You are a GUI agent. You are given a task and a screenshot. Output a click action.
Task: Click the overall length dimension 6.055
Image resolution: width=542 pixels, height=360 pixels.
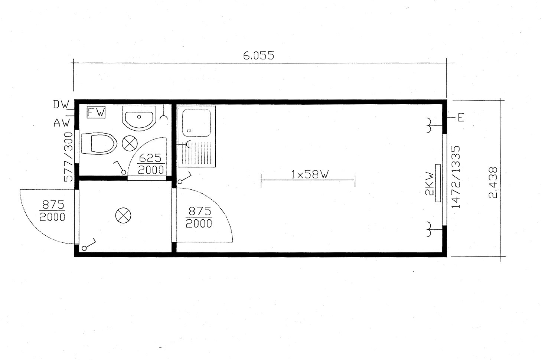(x=258, y=56)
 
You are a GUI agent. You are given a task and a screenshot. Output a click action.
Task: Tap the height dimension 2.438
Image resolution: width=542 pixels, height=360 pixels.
(x=493, y=183)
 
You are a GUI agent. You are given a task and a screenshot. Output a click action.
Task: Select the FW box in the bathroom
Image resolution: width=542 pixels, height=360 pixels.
(x=96, y=112)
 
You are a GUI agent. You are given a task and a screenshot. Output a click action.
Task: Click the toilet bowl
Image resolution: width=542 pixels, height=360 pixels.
(x=99, y=144)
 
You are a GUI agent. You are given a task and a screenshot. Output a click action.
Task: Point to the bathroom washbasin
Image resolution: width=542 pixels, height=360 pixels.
(x=138, y=118)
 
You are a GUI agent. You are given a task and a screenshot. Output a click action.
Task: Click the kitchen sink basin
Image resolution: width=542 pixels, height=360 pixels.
(x=196, y=123)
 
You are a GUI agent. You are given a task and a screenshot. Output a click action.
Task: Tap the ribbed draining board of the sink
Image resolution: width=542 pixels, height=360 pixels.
(x=201, y=153)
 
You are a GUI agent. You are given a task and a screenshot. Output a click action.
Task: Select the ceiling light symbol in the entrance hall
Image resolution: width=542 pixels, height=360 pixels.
(x=123, y=216)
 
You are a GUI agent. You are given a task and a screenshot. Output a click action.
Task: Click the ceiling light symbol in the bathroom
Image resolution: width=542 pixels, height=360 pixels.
(x=130, y=143)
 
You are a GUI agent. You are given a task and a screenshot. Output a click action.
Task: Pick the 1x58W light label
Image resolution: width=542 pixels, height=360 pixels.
(x=310, y=174)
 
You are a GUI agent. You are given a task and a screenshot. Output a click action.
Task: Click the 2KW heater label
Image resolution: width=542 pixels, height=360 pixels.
(x=430, y=183)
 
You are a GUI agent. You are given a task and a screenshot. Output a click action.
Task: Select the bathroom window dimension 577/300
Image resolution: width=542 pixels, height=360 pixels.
(x=68, y=157)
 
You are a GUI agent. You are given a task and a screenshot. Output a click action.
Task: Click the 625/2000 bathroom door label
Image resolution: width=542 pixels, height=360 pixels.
(x=151, y=164)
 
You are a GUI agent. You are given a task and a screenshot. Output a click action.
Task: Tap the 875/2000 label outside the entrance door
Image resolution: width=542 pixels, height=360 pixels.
(x=52, y=211)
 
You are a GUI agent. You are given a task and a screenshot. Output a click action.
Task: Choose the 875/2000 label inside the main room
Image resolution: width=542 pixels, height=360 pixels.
(x=199, y=217)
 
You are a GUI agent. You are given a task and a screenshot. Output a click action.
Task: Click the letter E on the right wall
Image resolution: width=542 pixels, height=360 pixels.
(x=461, y=118)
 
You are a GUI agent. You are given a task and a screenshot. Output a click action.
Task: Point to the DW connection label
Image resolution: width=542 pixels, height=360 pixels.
(x=61, y=105)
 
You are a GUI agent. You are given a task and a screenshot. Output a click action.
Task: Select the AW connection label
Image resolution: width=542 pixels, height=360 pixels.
(x=62, y=123)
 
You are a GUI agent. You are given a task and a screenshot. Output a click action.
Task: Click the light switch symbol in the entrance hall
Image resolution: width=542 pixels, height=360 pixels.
(x=89, y=245)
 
